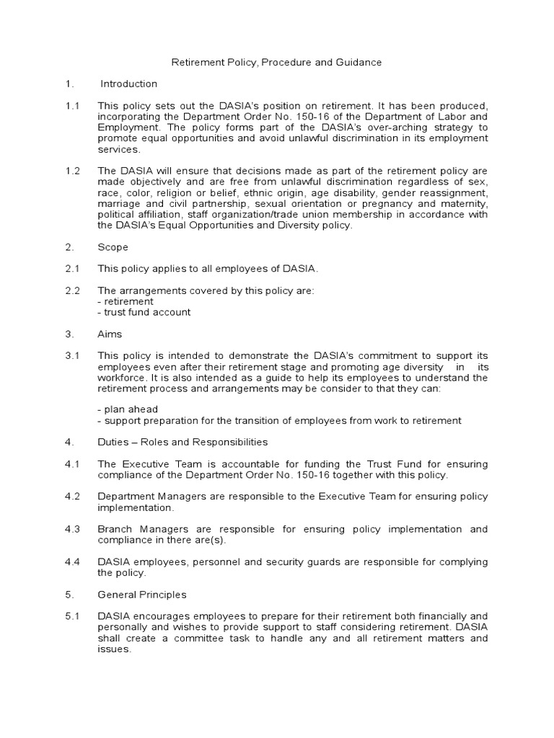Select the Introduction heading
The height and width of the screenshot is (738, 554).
click(128, 84)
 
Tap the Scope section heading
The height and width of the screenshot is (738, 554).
click(113, 247)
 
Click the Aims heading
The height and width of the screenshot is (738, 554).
click(110, 334)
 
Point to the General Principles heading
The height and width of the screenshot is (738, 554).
click(142, 595)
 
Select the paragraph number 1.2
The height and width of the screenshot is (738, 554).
click(71, 170)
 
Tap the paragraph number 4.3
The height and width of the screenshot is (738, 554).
click(71, 529)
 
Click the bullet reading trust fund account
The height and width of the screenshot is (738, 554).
click(144, 312)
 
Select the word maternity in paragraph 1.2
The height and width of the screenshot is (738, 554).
click(463, 204)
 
